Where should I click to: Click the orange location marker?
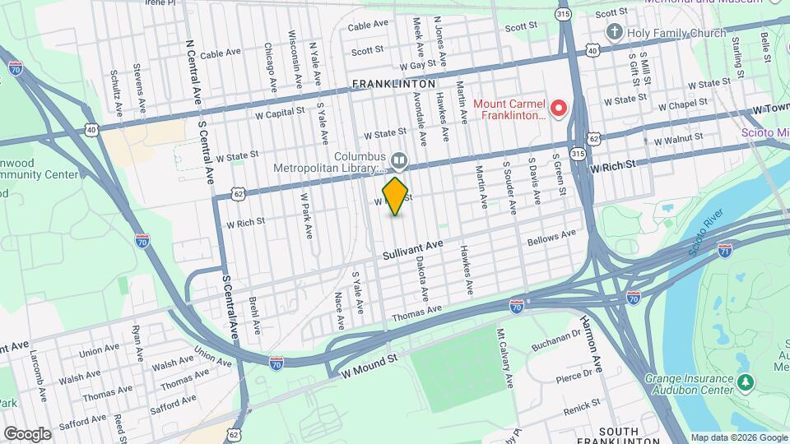[396, 196]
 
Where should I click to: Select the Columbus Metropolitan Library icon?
[398, 160]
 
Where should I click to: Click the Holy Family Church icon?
[613, 33]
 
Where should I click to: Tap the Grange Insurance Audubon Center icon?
[745, 382]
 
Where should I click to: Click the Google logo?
[26, 434]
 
